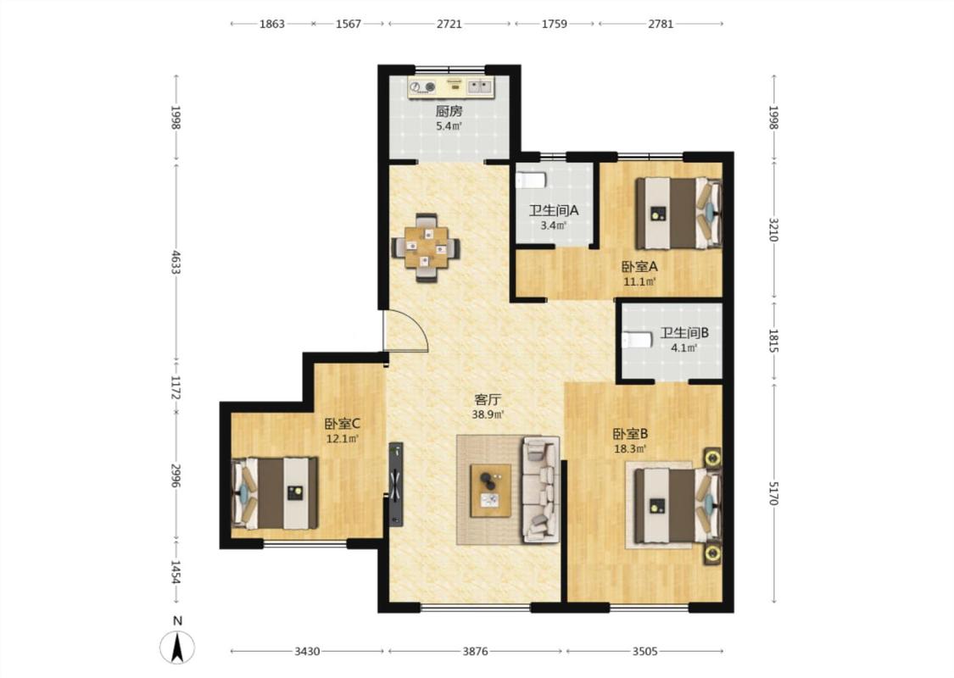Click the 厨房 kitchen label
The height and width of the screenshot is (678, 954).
tap(449, 111)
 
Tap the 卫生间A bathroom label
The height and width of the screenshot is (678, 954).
tap(553, 211)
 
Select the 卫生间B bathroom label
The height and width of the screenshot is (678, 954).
tap(684, 333)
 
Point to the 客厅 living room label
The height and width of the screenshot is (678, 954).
tap(488, 400)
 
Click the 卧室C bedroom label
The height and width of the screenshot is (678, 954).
tap(342, 424)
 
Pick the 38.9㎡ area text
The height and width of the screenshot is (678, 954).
tap(488, 414)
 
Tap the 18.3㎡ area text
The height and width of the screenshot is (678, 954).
tap(630, 449)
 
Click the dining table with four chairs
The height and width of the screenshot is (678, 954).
tap(426, 247)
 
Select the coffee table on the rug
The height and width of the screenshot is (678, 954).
tap(490, 490)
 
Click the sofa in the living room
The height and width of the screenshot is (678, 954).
tap(540, 489)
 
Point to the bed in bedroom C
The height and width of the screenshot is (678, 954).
tap(275, 493)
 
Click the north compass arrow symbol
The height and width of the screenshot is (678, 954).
tap(177, 647)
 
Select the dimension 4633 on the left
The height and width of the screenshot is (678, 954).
tap(176, 262)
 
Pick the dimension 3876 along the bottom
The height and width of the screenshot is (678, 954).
tap(475, 651)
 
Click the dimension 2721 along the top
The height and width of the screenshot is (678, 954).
tap(449, 24)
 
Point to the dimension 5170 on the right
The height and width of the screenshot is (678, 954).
tap(773, 493)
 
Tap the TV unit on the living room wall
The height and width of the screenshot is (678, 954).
tap(396, 484)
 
